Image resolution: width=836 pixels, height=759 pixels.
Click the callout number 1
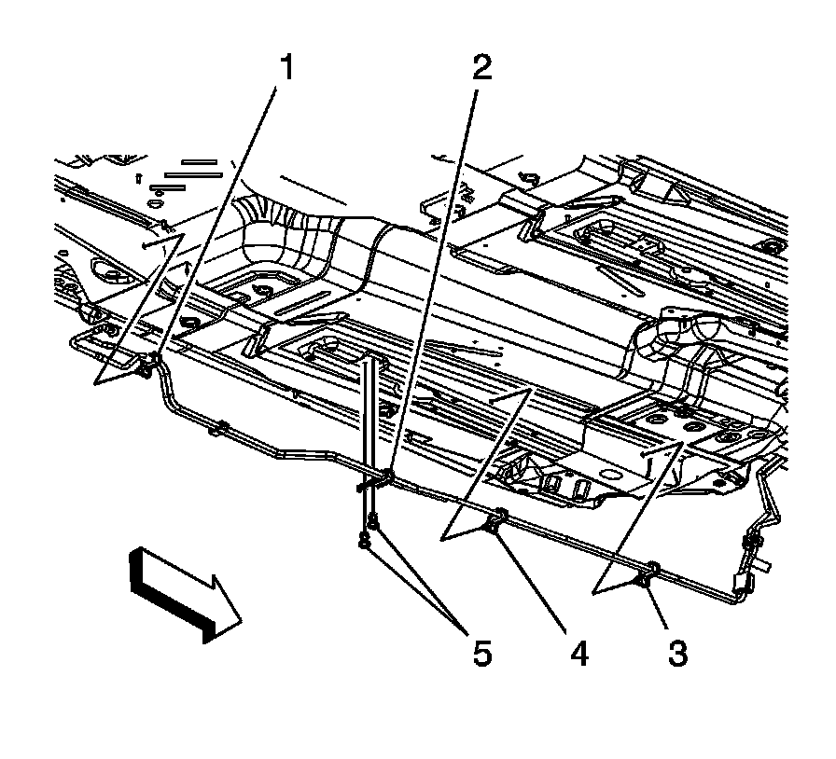point(286,67)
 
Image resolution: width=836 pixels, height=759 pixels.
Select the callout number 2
point(481,67)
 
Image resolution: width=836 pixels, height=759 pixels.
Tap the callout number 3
point(677,653)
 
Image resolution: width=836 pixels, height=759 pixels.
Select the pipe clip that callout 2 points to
point(383,480)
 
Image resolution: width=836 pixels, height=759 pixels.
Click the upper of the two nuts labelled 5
point(372,522)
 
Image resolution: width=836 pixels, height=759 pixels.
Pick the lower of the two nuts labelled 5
point(365,539)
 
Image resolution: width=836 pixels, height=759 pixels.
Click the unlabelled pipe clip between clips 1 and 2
point(220,430)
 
